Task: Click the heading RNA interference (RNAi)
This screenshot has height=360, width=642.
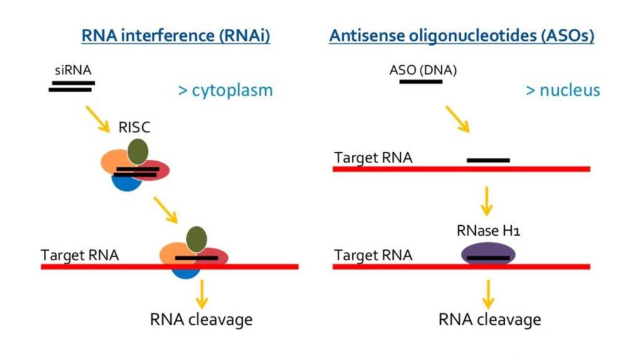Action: pos(176,36)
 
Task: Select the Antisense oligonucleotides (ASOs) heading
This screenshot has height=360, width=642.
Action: pos(461,36)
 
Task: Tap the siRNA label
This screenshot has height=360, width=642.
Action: pos(73,70)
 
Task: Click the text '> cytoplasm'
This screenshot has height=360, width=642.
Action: pos(226,90)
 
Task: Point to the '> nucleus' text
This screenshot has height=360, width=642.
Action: pos(563,90)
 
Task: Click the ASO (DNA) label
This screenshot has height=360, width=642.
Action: pos(423,70)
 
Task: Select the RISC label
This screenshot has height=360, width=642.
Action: pos(134,127)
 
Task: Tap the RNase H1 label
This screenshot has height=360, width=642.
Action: pos(488,231)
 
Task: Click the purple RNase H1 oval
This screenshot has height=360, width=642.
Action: pos(488,253)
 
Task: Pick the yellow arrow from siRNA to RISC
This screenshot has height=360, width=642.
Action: pos(98,119)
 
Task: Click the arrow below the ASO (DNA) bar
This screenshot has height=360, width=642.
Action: pos(458,119)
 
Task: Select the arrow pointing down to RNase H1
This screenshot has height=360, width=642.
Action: pos(487,201)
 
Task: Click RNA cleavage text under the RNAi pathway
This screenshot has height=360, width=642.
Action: pos(201,320)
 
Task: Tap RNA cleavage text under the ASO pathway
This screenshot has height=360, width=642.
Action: pos(490,320)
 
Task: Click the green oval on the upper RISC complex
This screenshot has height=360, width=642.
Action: pos(137,152)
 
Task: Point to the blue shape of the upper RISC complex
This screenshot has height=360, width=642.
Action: pos(127,184)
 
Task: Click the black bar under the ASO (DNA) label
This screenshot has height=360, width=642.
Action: pos(421,82)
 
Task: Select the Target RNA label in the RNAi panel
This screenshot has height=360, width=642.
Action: pos(80,255)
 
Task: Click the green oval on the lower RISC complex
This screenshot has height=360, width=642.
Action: pos(196,239)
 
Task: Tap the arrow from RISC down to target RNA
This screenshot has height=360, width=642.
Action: pos(166,210)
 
